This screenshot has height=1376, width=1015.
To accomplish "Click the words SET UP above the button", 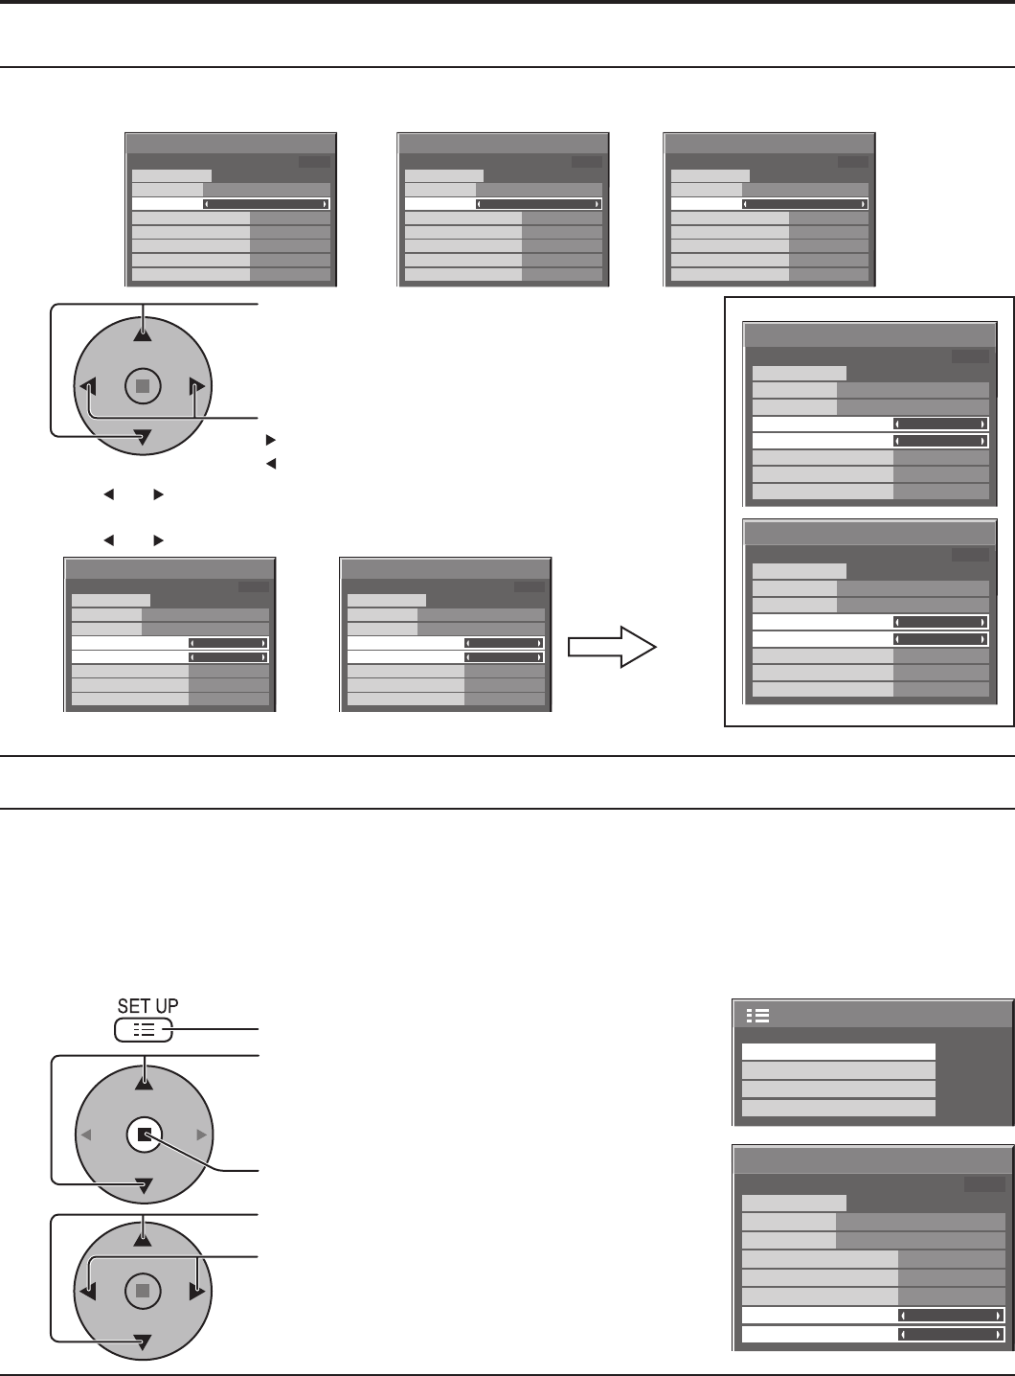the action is [147, 1005].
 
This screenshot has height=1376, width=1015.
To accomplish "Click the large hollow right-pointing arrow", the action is [612, 647].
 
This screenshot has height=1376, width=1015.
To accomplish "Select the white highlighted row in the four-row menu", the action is [838, 1052].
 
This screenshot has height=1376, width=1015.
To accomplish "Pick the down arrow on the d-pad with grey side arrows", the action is [143, 1187].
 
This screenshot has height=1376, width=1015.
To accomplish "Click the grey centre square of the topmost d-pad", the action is [143, 386].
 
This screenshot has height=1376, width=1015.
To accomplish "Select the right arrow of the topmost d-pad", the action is [197, 387].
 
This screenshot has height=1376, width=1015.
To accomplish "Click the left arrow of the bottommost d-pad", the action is [88, 1292].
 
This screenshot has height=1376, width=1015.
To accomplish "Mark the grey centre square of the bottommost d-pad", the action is [143, 1291].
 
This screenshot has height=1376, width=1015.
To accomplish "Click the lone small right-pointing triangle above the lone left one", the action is [270, 441].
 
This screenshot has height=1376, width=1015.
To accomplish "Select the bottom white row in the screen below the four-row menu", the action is [872, 1334].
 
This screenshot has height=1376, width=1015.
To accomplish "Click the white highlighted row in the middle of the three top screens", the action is [503, 203].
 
